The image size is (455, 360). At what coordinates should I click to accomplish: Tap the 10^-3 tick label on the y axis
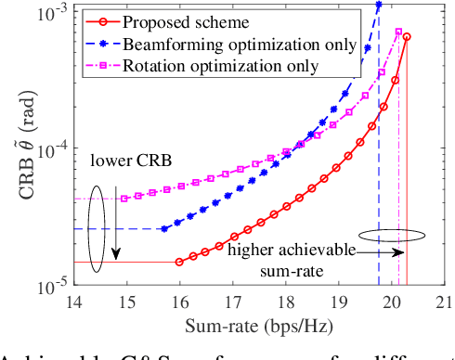click(49, 13)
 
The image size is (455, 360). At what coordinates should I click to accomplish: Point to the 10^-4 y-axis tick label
click(49, 148)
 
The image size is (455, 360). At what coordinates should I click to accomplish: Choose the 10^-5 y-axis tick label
click(49, 284)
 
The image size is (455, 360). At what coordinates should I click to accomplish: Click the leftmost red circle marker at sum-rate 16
click(179, 262)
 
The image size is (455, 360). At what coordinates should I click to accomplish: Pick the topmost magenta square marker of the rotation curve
click(398, 32)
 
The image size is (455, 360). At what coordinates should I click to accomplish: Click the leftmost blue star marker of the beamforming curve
click(163, 229)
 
